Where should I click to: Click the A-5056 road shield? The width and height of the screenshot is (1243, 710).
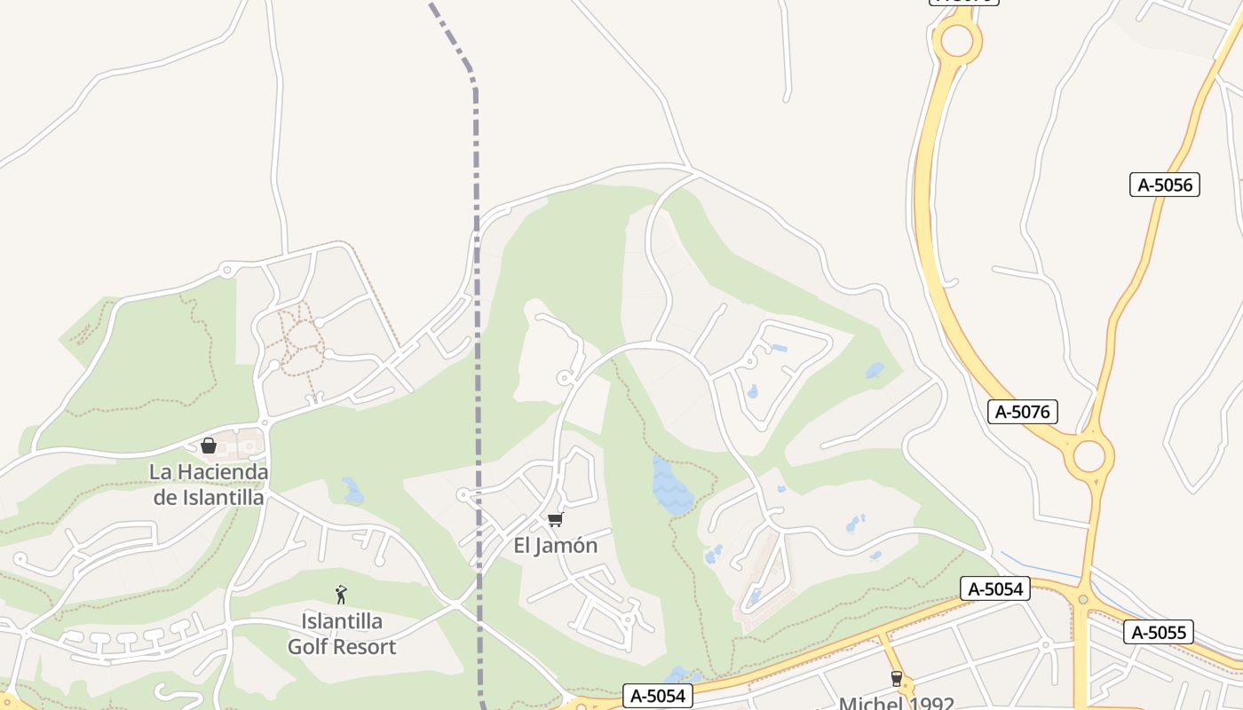pos(1164,185)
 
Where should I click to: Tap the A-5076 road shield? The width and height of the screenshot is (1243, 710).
pos(1022,411)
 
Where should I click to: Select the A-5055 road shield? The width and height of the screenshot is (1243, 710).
pos(1158,632)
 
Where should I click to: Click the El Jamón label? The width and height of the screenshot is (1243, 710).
pos(556,545)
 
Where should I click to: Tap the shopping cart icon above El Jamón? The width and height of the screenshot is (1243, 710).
pos(555,519)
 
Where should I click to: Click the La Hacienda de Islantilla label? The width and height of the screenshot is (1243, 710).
pos(209,484)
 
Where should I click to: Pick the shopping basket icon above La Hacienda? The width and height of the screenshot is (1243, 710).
pos(209,445)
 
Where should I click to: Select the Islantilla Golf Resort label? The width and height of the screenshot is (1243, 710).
pos(342,634)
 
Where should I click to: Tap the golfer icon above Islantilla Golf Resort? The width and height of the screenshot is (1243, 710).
pos(341,595)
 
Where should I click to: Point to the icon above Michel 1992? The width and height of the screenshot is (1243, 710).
pos(897,679)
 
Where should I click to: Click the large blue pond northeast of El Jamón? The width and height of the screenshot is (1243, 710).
pos(671,486)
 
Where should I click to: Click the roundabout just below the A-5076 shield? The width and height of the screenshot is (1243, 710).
pos(1089,456)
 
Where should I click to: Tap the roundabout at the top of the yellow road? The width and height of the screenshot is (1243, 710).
pos(956,40)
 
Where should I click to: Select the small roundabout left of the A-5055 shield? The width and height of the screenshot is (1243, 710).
pos(1082,600)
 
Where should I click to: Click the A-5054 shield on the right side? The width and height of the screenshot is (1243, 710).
pos(994,588)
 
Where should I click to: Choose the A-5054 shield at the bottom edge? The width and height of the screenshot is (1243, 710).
pos(657,696)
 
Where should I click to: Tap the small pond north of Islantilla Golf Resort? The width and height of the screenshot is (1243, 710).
pos(352,491)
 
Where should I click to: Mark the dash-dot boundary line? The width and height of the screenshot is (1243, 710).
pos(477,355)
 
